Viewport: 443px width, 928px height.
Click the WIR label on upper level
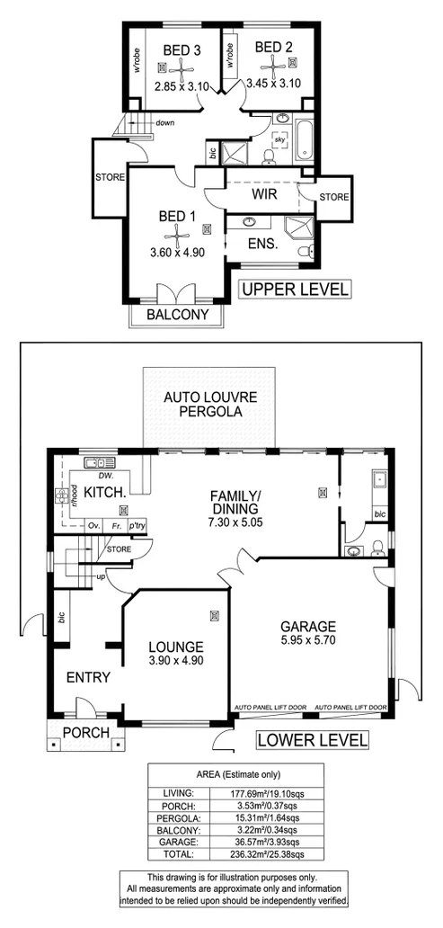(x=261, y=193)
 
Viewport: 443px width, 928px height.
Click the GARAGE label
(x=307, y=627)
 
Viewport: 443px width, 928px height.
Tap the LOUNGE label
(x=175, y=646)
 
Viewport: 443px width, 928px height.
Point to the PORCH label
(x=85, y=732)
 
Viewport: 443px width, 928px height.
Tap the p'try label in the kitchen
(x=137, y=525)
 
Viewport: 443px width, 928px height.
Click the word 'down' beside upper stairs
(x=164, y=123)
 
